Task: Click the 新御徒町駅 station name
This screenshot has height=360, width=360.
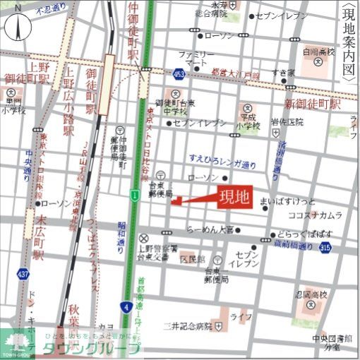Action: coord(311,104)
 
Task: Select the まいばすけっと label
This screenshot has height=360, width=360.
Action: coord(293,200)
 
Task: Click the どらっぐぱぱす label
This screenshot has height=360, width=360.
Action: coord(311,232)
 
